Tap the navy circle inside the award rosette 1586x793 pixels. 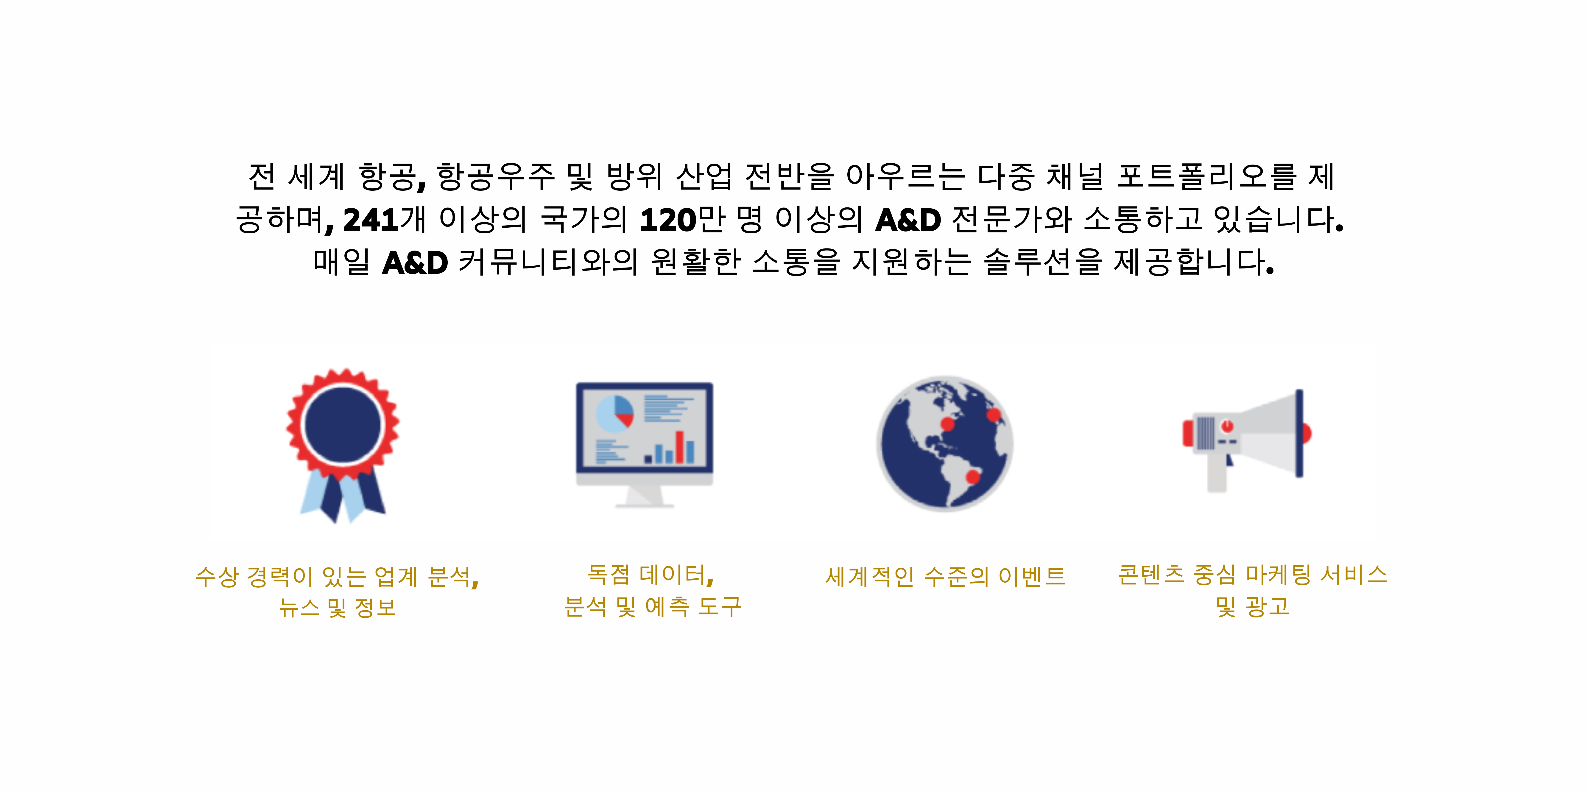coord(343,425)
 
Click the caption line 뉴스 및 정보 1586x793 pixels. coord(337,608)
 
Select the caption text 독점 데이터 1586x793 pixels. coord(650,574)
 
